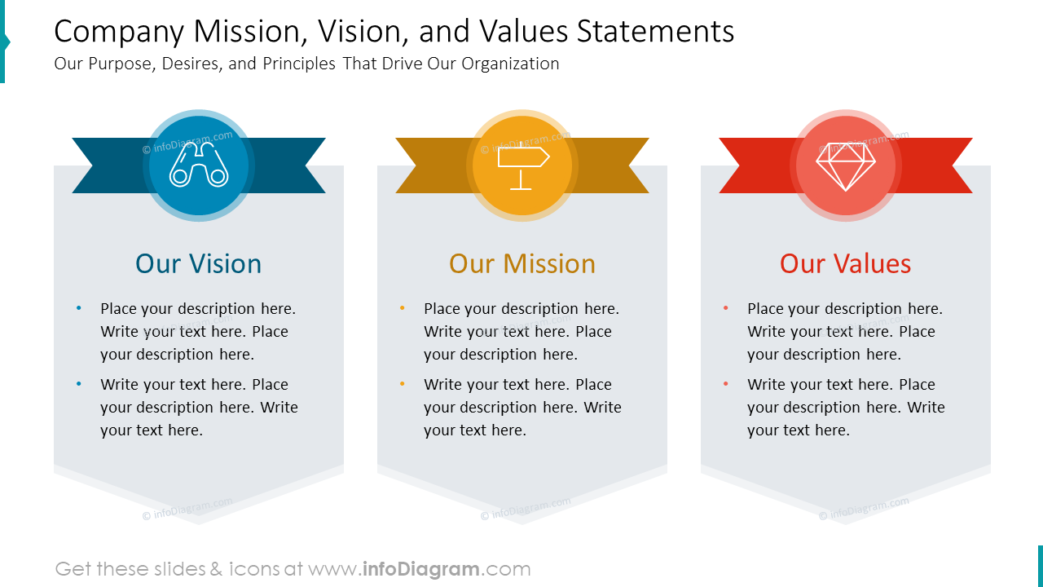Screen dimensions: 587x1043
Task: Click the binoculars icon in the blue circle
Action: (198, 166)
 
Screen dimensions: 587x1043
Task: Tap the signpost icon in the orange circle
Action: (522, 166)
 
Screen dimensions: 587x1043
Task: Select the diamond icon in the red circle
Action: (846, 166)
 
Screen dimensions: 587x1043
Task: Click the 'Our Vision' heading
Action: (198, 263)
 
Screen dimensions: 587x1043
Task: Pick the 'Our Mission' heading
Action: (522, 263)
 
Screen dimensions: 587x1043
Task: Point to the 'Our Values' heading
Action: (845, 263)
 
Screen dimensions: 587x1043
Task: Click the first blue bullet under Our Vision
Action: (79, 308)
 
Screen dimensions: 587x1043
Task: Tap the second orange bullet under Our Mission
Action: (403, 384)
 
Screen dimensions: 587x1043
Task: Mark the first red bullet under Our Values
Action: (726, 308)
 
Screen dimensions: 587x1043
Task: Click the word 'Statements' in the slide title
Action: (655, 32)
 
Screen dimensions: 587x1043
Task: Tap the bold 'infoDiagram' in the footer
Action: (420, 569)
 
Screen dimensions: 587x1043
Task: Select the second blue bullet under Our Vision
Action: (79, 384)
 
